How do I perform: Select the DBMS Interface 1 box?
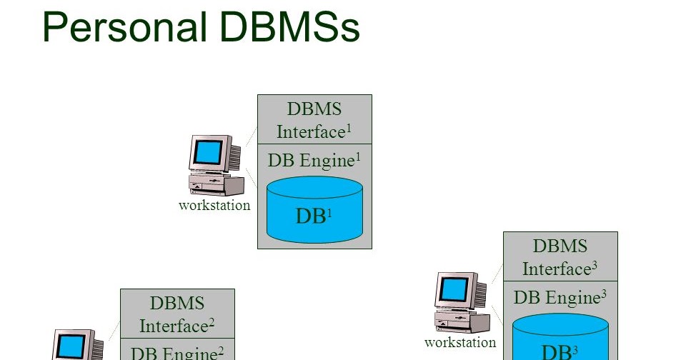[314, 120]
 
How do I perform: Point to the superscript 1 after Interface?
[349, 127]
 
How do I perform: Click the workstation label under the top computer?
[214, 206]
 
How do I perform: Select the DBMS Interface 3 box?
[560, 257]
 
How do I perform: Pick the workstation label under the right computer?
[460, 343]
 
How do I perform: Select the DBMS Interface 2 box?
[177, 314]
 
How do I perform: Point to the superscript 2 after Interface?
[212, 321]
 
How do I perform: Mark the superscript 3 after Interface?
[595, 264]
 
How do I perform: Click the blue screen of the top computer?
[209, 151]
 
